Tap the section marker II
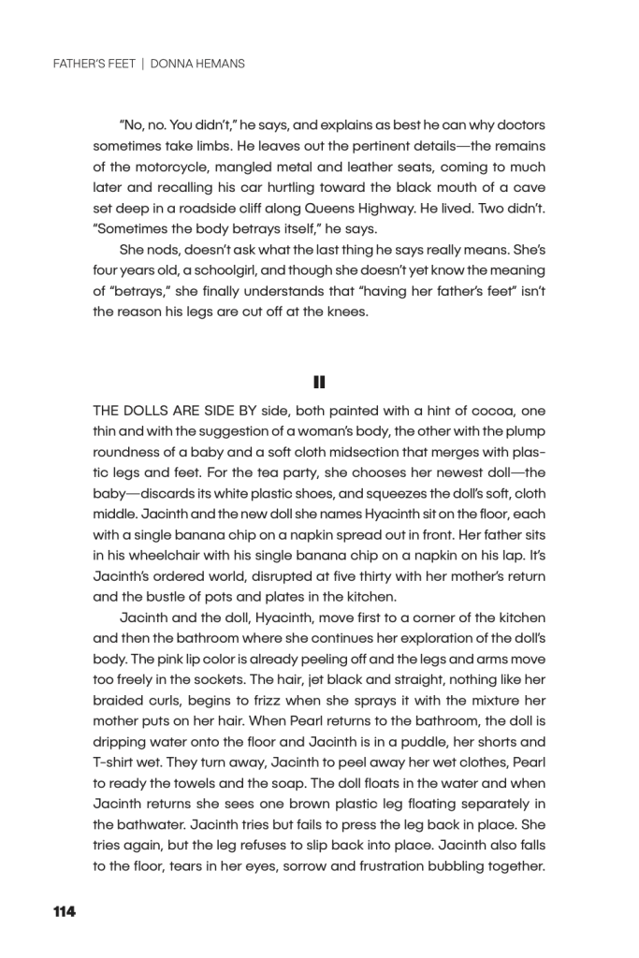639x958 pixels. pyautogui.click(x=319, y=381)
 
